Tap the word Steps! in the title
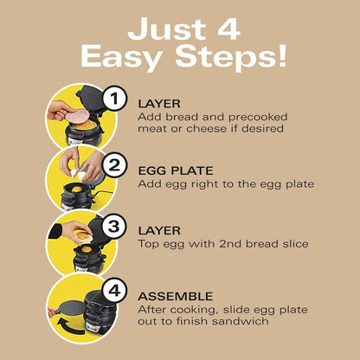click(231, 56)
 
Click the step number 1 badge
click(115, 99)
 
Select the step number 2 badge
click(115, 165)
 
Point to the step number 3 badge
click(114, 226)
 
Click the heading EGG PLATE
click(176, 170)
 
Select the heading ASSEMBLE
click(176, 296)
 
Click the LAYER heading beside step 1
click(159, 104)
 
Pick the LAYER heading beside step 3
click(159, 230)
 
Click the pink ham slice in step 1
click(77, 116)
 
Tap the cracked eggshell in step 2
click(79, 174)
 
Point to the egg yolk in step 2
click(77, 190)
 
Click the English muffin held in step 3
click(83, 236)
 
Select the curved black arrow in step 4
click(68, 325)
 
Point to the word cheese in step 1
click(206, 128)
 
